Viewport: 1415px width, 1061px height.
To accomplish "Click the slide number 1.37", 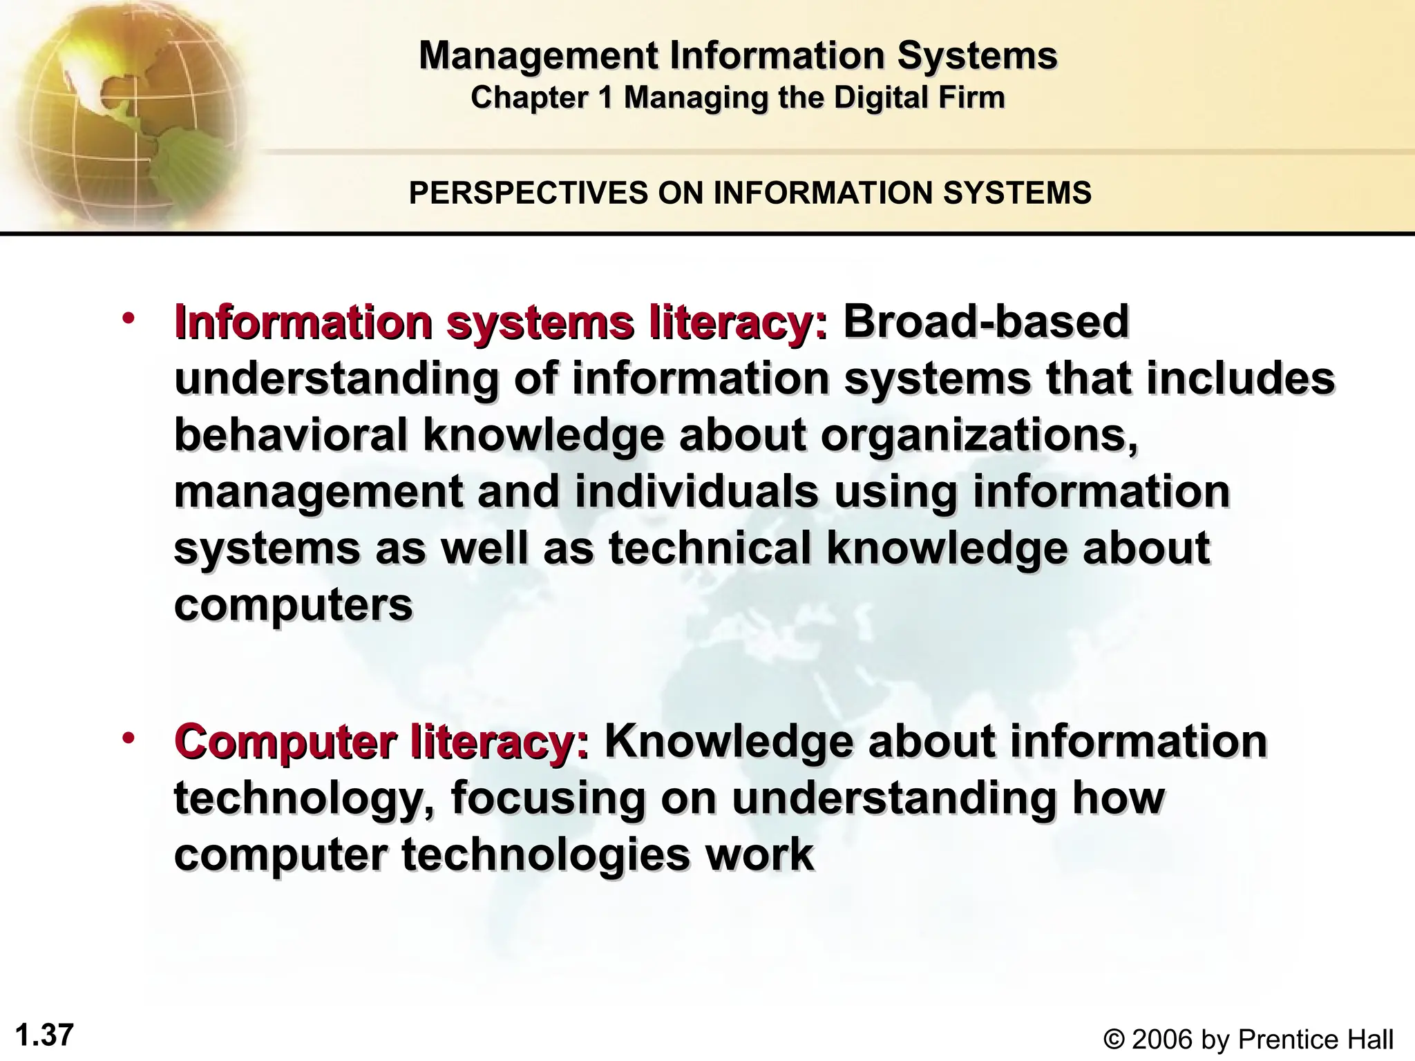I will [44, 1035].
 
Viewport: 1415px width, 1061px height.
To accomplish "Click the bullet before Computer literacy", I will [129, 738].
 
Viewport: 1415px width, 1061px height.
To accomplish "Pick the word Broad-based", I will [985, 322].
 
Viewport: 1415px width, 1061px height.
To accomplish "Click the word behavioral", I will [291, 435].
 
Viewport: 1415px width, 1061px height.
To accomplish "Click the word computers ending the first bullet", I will [293, 605].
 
